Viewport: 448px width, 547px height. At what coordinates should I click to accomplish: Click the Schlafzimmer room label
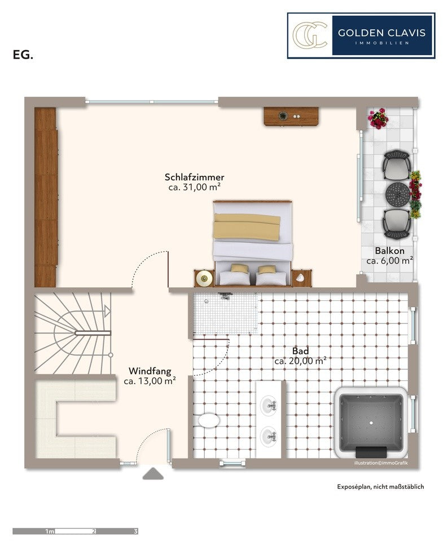[x=194, y=177]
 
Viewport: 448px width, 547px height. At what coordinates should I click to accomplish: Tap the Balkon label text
[x=390, y=251]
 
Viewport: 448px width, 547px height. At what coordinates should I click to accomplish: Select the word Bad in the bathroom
[x=301, y=351]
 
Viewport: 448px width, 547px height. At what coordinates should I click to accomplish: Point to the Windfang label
[x=150, y=371]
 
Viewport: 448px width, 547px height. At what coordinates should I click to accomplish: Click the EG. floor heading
[x=23, y=55]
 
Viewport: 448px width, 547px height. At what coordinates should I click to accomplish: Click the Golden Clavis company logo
[x=361, y=35]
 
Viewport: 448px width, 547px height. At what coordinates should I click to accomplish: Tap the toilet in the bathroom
[x=209, y=420]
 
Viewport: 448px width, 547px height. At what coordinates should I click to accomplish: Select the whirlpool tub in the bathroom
[x=371, y=423]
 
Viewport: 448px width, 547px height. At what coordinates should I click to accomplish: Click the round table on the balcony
[x=398, y=194]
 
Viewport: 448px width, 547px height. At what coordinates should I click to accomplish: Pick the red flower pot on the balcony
[x=378, y=119]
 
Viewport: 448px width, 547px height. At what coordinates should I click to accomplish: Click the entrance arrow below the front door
[x=153, y=474]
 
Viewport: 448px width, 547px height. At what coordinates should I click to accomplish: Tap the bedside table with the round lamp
[x=204, y=278]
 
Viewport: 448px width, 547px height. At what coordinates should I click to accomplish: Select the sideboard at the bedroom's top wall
[x=291, y=116]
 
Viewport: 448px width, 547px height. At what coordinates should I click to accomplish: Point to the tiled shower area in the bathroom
[x=226, y=313]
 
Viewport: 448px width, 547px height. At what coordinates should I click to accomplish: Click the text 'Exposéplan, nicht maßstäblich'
[x=380, y=487]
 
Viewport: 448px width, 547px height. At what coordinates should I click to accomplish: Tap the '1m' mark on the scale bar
[x=50, y=532]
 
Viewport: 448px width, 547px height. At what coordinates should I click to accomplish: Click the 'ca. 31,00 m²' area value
[x=194, y=187]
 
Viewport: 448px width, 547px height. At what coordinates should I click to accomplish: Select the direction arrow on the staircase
[x=107, y=311]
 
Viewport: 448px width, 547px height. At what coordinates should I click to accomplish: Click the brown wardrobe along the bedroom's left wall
[x=46, y=197]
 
